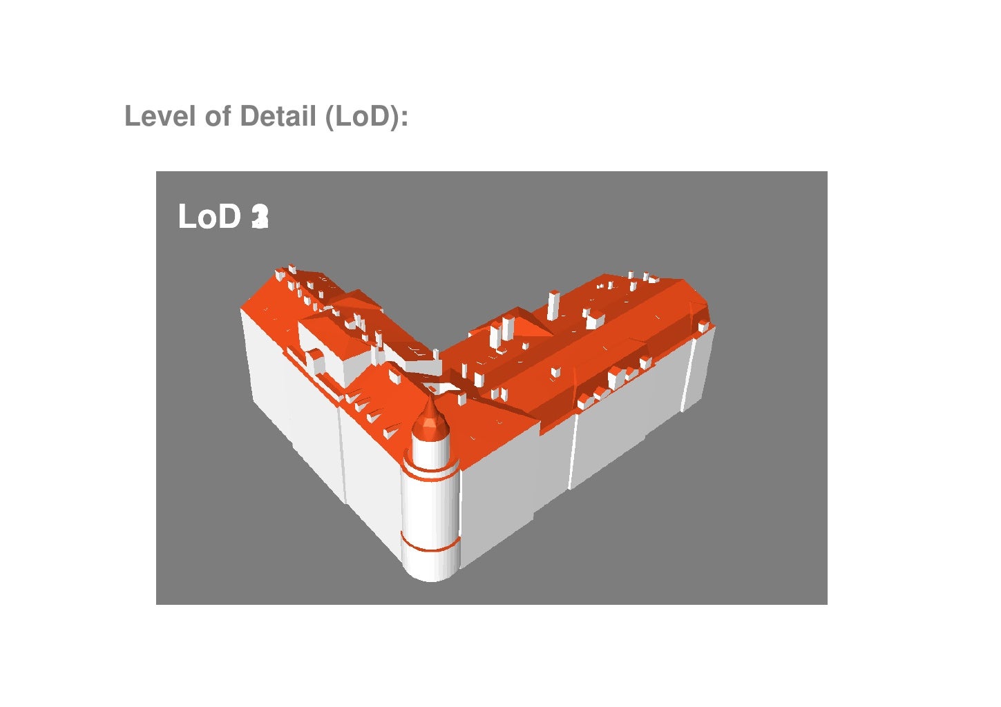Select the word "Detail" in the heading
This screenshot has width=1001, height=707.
[x=278, y=116]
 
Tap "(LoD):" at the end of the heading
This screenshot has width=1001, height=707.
[x=367, y=116]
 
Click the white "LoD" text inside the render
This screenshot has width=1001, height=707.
[x=209, y=217]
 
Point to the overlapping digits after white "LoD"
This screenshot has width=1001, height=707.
[x=260, y=217]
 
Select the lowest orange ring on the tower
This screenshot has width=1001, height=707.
[x=431, y=547]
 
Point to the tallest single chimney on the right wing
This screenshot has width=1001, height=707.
[x=553, y=304]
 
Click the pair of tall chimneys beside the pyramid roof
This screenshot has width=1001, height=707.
[x=502, y=331]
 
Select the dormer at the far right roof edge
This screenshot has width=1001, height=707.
[x=703, y=325]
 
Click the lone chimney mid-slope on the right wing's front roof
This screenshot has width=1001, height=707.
[x=555, y=372]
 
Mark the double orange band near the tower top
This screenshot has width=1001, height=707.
[x=430, y=470]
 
